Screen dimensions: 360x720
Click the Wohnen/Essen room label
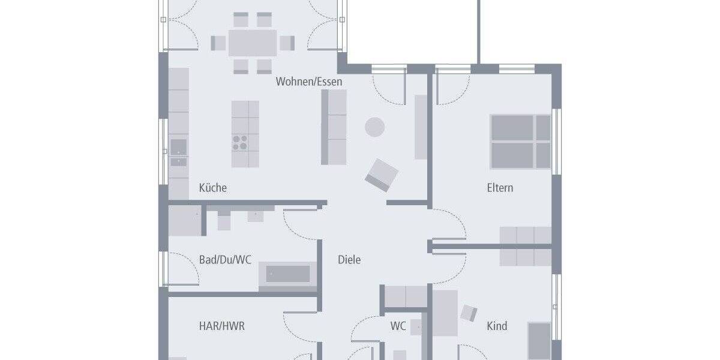(308, 82)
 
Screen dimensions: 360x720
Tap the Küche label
(212, 188)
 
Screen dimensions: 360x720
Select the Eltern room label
(499, 188)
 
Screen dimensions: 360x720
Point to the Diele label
(349, 260)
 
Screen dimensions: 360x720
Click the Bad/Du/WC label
(225, 260)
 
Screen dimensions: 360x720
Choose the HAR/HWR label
(221, 326)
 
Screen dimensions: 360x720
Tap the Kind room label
(497, 326)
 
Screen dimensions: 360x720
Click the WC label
(398, 326)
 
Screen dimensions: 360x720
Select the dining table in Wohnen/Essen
(253, 43)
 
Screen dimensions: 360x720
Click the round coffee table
(375, 126)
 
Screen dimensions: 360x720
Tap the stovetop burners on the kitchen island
(240, 142)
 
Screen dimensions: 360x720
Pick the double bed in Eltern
(520, 142)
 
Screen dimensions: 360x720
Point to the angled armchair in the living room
(382, 175)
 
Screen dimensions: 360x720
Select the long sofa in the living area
(334, 127)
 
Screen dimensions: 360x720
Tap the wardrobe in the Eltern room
(525, 246)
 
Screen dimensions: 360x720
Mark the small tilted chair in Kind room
(469, 313)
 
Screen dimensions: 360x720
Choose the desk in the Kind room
(445, 312)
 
